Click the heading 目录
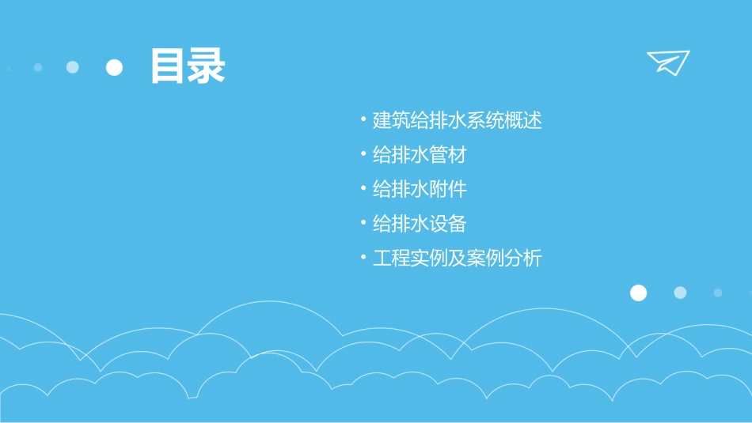tap(188, 66)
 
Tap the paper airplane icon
tap(667, 62)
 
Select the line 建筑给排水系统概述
tap(457, 121)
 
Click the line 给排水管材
tap(420, 155)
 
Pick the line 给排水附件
tap(420, 190)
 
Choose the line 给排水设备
tap(420, 224)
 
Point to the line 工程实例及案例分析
tap(457, 259)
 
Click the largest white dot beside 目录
tap(115, 67)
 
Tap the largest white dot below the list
tap(638, 293)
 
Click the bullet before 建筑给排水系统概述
tap(363, 120)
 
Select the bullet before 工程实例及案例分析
tap(363, 258)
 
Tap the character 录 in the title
tap(207, 66)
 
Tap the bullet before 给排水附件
tap(363, 189)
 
